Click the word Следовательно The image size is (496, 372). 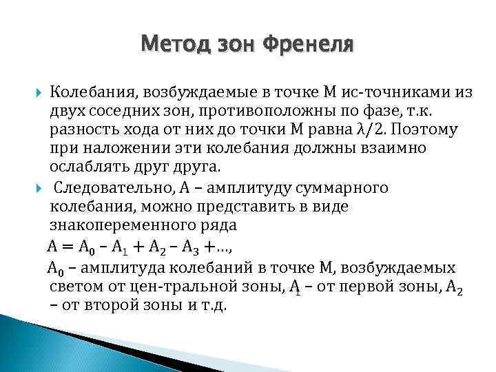tap(107, 188)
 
